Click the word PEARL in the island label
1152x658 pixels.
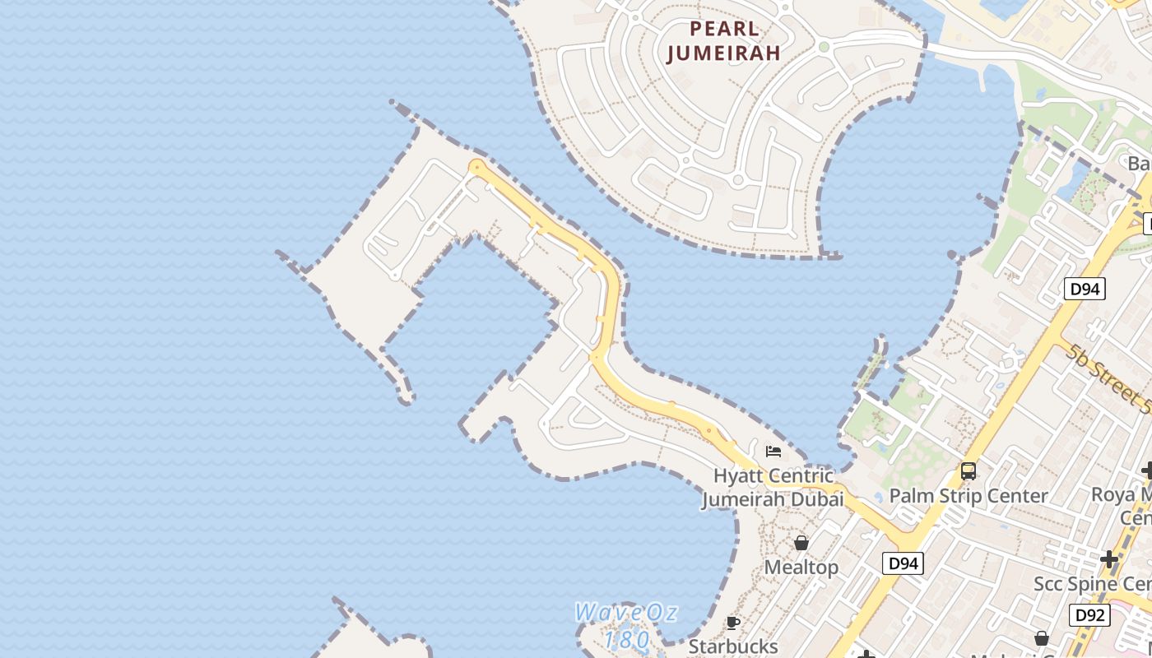(x=723, y=29)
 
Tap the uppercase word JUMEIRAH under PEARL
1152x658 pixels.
(x=723, y=54)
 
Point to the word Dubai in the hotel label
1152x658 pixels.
(x=818, y=499)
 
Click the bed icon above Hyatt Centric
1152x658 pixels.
(x=773, y=451)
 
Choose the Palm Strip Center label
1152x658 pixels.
(x=969, y=496)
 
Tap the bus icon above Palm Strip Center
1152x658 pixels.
(x=969, y=471)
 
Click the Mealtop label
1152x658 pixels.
(x=801, y=568)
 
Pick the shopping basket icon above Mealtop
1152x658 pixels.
(x=801, y=543)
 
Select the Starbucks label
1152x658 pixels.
(x=733, y=646)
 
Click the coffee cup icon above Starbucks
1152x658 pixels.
(x=732, y=623)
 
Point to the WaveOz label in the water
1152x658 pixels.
(x=625, y=613)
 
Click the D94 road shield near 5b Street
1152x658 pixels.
(x=1085, y=289)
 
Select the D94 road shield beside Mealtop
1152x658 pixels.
(x=903, y=563)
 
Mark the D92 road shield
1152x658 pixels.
(x=1089, y=614)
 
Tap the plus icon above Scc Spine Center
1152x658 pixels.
(x=1109, y=559)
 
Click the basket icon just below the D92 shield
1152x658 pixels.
(x=1042, y=638)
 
